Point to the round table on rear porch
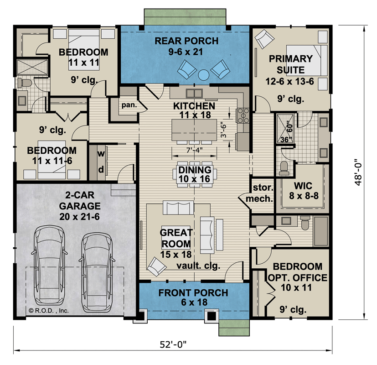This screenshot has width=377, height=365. coord(203,73)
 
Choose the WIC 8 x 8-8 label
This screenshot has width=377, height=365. coord(302,190)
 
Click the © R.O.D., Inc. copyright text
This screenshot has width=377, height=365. coord(48,310)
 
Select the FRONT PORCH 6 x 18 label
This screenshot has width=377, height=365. coord(193,297)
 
